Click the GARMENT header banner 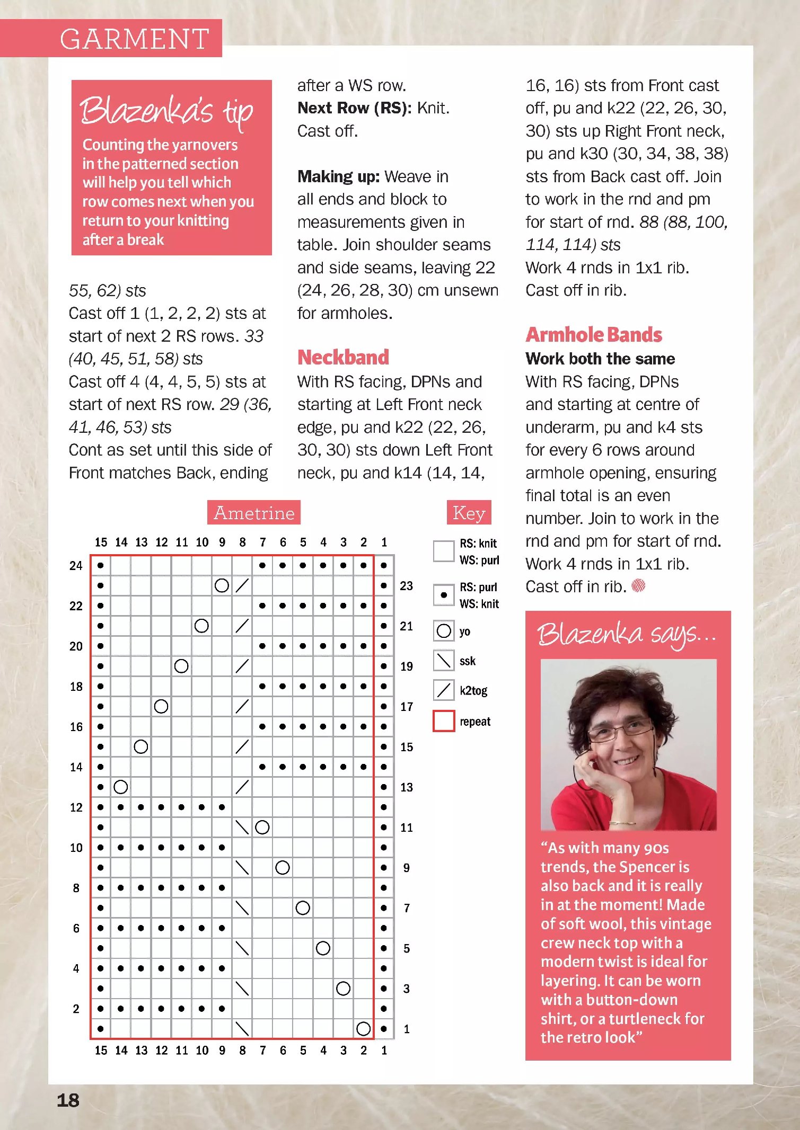(x=135, y=39)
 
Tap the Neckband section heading (x=343, y=358)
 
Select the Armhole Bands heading (x=594, y=335)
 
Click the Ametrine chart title (x=254, y=513)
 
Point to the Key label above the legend (x=469, y=513)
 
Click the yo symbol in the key (x=444, y=631)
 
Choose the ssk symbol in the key (x=444, y=661)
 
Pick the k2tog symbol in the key (x=444, y=690)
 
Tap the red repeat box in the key (x=444, y=721)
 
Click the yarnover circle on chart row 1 (x=363, y=1029)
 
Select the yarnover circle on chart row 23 (x=222, y=585)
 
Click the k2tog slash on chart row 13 (x=242, y=787)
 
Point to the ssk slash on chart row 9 (x=242, y=868)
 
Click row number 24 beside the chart (x=76, y=566)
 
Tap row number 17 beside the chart (x=407, y=707)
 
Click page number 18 (x=68, y=1100)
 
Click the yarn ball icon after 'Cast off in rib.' (x=639, y=586)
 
